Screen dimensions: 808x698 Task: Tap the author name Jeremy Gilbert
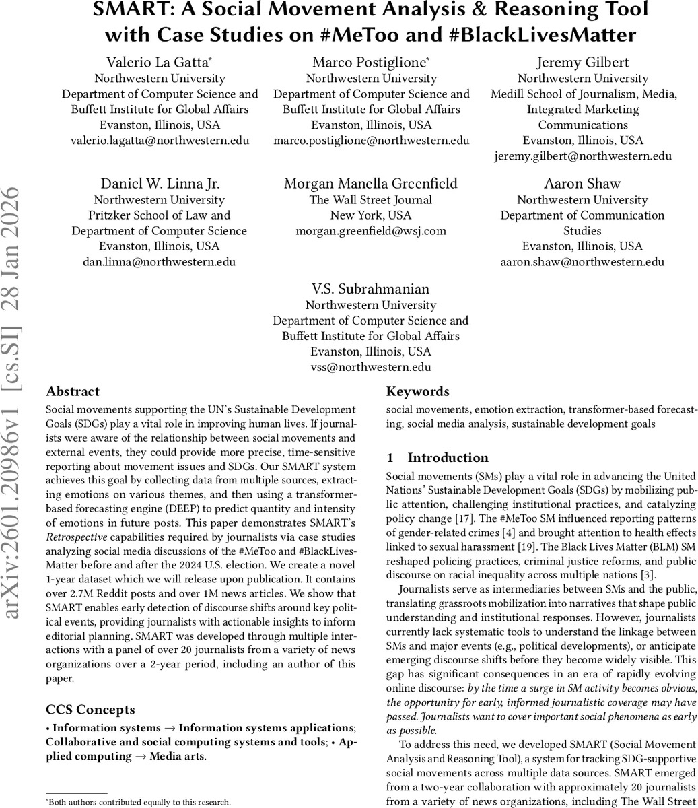pos(583,63)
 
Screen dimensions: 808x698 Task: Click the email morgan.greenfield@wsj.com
pos(371,231)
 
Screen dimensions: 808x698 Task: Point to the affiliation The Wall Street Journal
pos(371,200)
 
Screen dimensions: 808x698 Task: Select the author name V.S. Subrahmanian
pos(371,290)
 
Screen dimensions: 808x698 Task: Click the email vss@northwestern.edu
pos(371,367)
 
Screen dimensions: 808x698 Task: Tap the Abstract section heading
pos(73,392)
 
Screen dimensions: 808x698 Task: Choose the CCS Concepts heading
pos(90,710)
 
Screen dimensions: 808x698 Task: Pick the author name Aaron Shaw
pos(582,184)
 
